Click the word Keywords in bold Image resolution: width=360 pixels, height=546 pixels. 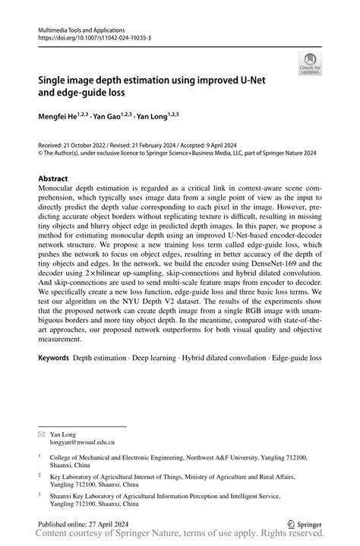pyautogui.click(x=53, y=356)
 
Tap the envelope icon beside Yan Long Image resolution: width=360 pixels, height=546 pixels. pyautogui.click(x=42, y=432)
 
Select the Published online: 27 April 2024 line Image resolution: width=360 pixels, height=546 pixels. pyautogui.click(x=84, y=523)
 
